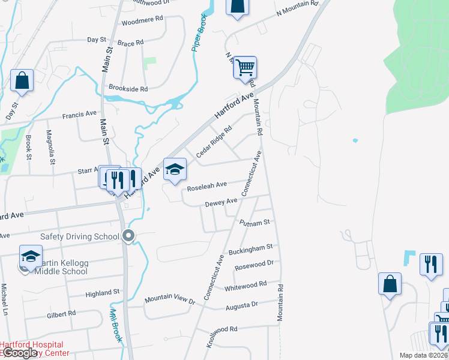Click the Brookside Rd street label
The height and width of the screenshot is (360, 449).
(x=127, y=89)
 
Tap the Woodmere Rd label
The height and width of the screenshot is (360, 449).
(x=142, y=20)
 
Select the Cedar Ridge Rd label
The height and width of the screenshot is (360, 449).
(x=213, y=141)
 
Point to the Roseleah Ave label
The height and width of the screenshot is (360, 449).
(x=206, y=186)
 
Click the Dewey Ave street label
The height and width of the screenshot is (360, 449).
(x=218, y=204)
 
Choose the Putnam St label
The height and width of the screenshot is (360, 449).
(x=255, y=223)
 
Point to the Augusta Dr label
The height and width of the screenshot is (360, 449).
(x=241, y=306)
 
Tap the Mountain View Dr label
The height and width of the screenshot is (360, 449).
(x=170, y=300)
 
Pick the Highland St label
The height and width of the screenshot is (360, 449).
(x=103, y=293)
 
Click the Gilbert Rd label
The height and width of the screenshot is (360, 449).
(x=62, y=313)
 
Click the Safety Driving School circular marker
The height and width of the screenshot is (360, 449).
(x=128, y=236)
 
